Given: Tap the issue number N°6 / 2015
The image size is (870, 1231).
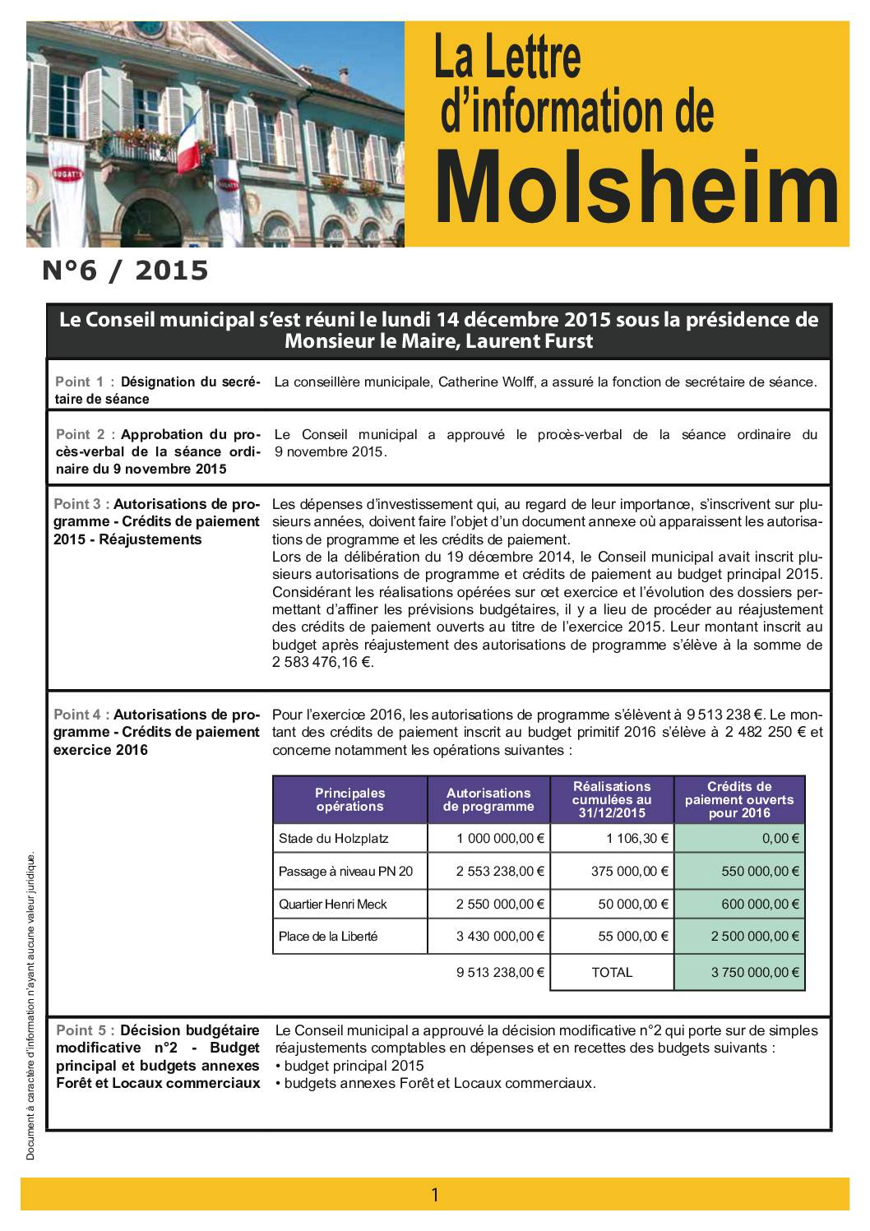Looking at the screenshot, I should [125, 271].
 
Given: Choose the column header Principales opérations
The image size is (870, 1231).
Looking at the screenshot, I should [349, 799].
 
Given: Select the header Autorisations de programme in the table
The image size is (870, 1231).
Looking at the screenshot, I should [488, 799].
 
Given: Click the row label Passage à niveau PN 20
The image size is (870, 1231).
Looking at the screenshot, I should [345, 872].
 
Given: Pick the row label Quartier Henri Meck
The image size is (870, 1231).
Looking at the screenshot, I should [332, 904].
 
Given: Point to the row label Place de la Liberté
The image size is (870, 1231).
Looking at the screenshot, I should [328, 936].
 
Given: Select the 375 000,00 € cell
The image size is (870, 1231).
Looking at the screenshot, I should [630, 872].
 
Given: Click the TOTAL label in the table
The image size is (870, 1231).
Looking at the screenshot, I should [612, 972].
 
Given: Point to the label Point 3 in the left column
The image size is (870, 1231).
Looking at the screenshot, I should [80, 504].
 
